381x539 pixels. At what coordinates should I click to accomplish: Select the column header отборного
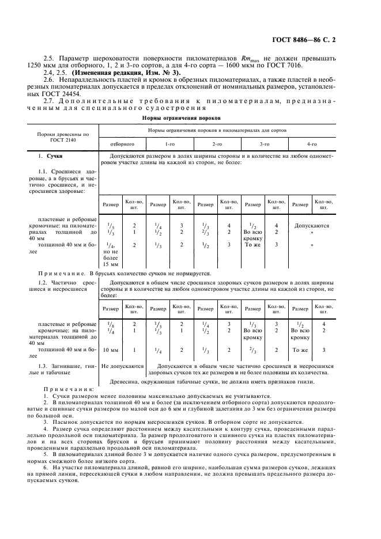pyautogui.click(x=122, y=143)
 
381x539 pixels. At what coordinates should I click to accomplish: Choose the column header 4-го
pyautogui.click(x=312, y=143)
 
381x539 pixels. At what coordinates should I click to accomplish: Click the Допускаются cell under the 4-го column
pyautogui.click(x=312, y=226)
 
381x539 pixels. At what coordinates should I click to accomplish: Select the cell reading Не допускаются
pyautogui.click(x=122, y=366)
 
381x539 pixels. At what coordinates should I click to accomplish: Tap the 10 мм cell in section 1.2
pyautogui.click(x=110, y=350)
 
